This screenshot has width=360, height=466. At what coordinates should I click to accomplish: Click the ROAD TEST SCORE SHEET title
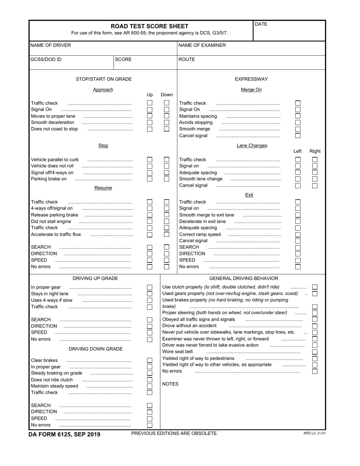(x=149, y=26)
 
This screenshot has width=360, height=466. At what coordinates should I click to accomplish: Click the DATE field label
(x=261, y=24)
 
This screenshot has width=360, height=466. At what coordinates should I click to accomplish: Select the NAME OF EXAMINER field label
(x=202, y=45)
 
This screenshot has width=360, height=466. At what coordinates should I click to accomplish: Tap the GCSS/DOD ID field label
(x=46, y=59)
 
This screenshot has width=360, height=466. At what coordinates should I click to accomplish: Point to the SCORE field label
(x=123, y=59)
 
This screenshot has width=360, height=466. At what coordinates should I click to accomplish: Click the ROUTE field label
(x=186, y=59)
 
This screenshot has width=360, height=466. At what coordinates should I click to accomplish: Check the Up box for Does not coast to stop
(x=150, y=129)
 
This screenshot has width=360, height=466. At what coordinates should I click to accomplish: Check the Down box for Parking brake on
(x=166, y=179)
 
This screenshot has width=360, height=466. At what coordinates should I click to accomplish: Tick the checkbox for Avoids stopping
(x=298, y=122)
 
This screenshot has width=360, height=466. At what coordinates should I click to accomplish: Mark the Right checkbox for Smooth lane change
(x=315, y=179)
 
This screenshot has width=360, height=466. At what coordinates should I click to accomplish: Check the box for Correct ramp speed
(x=298, y=235)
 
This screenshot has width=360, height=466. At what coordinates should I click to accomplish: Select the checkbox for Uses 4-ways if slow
(x=150, y=300)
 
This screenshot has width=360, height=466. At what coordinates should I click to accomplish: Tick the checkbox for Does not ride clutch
(x=150, y=380)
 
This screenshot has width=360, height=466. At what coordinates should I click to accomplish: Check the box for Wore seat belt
(x=315, y=352)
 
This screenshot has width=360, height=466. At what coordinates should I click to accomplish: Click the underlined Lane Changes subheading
(x=252, y=145)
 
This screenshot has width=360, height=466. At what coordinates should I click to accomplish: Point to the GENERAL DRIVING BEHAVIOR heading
(x=244, y=278)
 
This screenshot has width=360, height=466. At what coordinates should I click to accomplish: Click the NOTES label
(x=170, y=384)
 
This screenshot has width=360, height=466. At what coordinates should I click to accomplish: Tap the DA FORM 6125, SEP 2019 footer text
(x=64, y=434)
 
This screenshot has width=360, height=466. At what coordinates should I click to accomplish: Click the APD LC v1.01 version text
(x=314, y=433)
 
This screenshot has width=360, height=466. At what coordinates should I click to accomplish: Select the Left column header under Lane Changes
(x=297, y=151)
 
